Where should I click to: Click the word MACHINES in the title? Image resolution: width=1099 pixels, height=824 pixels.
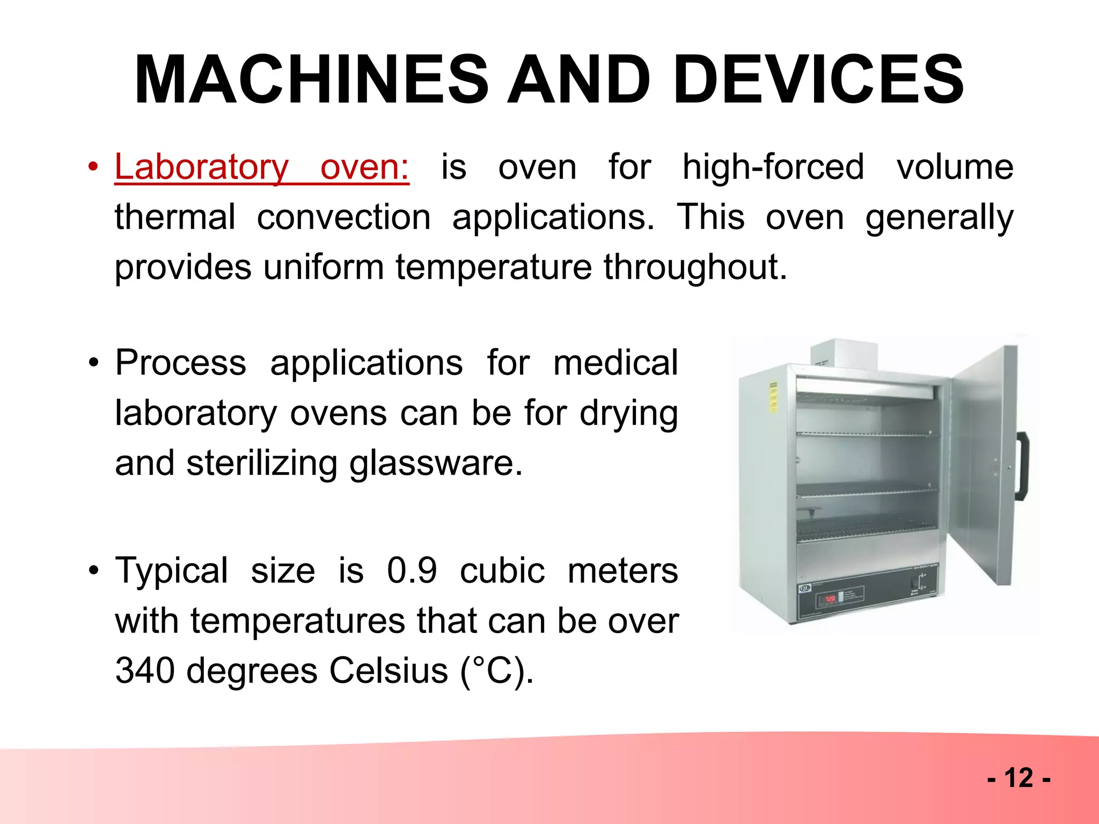point(311,80)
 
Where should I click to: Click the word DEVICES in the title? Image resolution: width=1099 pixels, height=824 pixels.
point(818,80)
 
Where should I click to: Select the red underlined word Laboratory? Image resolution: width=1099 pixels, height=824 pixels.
point(202,167)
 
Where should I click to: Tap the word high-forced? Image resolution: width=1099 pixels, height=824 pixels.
point(773,167)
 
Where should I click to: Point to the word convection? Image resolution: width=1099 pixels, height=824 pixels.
point(343,217)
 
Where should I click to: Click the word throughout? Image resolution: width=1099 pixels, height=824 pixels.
point(695,267)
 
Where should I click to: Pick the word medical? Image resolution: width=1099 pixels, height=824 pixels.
point(616,363)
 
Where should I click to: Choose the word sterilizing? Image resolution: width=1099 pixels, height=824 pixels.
point(261,463)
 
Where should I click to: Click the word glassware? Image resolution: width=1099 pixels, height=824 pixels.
point(436,463)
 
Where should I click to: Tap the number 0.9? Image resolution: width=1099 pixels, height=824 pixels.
point(412,570)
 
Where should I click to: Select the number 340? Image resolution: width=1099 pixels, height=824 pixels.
point(145,671)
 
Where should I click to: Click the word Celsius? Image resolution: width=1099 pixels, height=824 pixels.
point(388,671)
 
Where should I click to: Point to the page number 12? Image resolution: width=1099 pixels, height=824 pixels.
point(1018,777)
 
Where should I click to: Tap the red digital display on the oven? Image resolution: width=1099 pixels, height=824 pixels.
point(830,598)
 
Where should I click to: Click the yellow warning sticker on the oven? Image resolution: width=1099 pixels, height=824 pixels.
point(773,397)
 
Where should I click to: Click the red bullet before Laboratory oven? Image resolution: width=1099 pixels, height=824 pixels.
point(94,167)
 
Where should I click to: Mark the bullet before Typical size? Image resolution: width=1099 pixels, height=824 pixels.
point(94,570)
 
